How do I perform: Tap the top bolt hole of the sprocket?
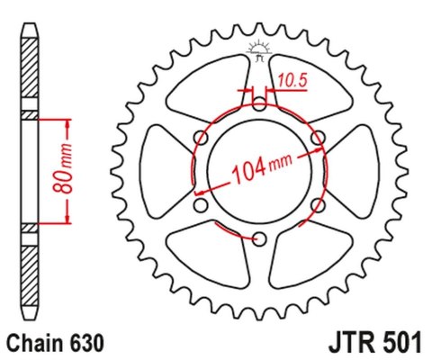(259, 103)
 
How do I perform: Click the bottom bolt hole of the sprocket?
(259, 238)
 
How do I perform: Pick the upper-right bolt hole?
(318, 136)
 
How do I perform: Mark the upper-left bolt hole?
(201, 136)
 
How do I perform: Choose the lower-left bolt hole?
(201, 204)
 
